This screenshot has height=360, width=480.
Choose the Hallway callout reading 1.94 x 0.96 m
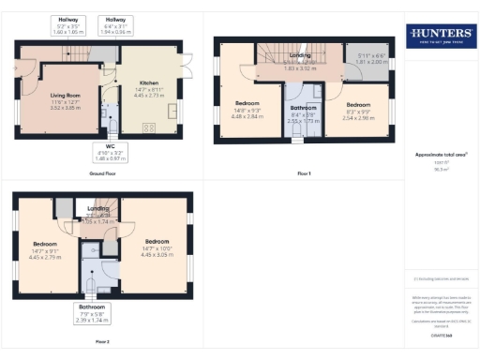tap(115, 25)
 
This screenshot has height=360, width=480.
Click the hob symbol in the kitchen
tap(147, 127)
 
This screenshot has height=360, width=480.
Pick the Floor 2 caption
tap(101, 341)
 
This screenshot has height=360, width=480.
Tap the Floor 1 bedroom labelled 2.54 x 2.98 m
tap(358, 112)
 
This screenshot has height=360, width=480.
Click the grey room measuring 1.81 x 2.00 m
tap(371, 60)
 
